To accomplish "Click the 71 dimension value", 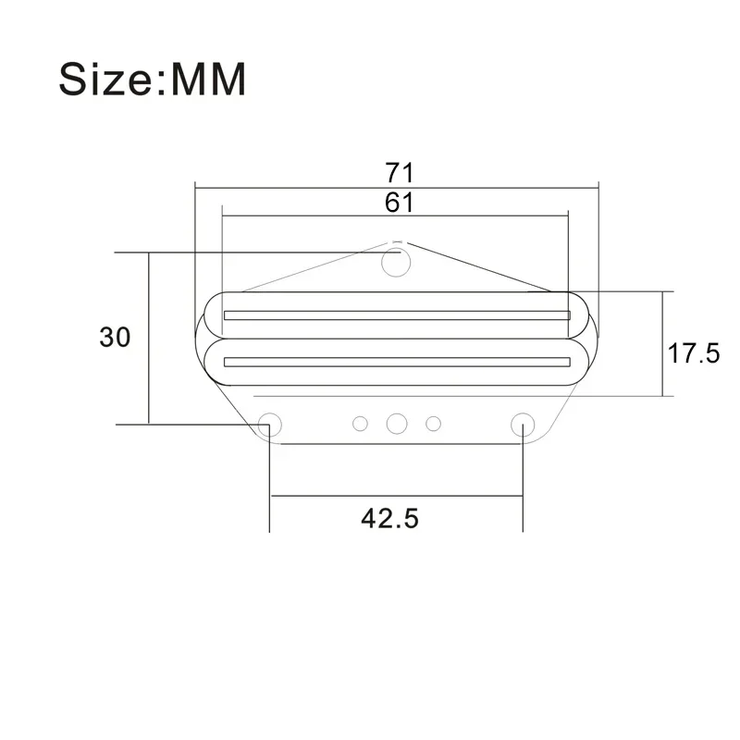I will (400, 173).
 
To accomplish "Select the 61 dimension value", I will (400, 202).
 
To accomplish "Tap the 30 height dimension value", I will (115, 338).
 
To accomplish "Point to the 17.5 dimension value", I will (694, 352).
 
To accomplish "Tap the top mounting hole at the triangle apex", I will (397, 263).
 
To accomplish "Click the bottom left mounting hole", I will (270, 423).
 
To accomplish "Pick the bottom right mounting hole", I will (523, 423).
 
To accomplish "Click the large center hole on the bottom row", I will (397, 423).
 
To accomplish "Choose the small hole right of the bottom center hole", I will (432, 424).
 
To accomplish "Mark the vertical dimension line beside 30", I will (148, 370).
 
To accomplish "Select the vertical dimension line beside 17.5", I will (662, 370).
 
